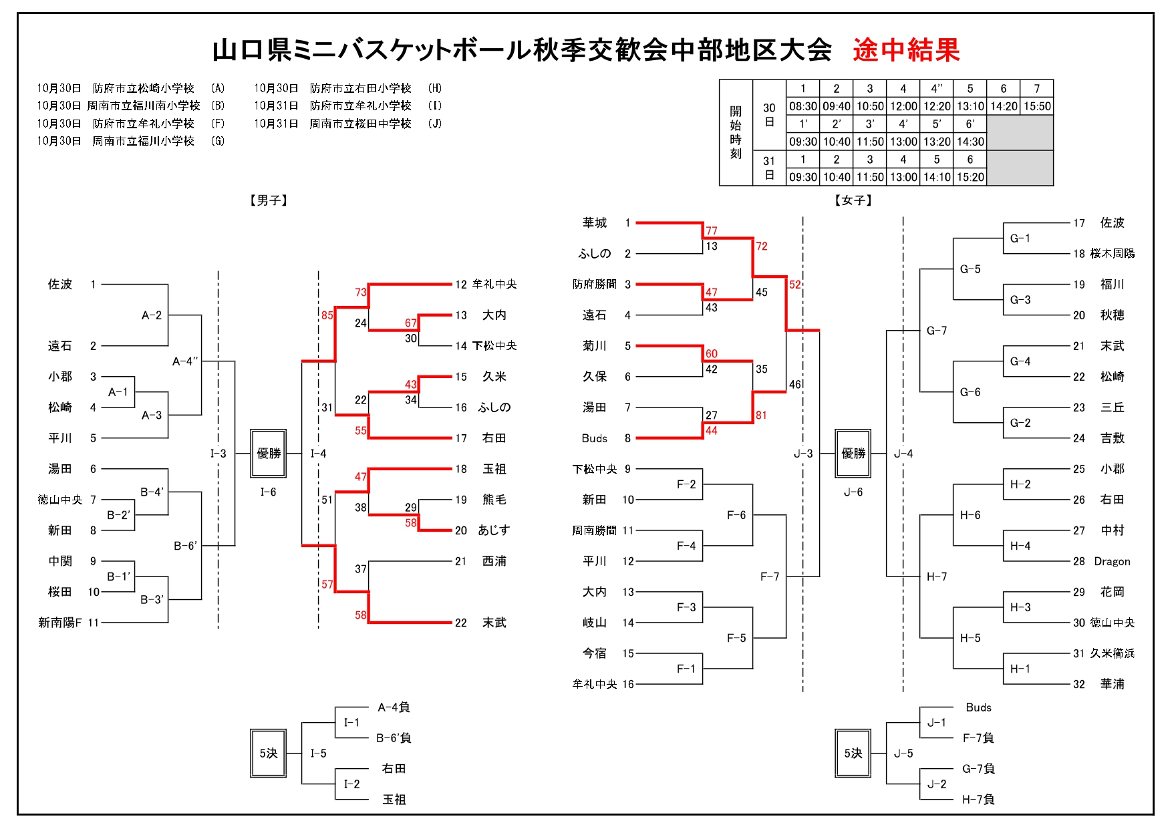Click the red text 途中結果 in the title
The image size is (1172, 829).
click(906, 51)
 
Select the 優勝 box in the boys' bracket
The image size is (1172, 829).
click(269, 454)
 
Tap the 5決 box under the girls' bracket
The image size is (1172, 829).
click(853, 754)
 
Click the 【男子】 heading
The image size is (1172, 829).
click(269, 200)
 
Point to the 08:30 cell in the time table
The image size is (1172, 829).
click(802, 106)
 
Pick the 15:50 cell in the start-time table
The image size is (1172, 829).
click(1037, 106)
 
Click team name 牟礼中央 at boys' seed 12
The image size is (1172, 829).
click(494, 285)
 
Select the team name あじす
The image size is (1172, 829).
click(494, 530)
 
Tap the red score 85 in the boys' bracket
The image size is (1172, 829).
click(327, 315)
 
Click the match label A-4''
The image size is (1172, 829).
click(185, 361)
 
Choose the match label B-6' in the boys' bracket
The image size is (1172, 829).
click(186, 546)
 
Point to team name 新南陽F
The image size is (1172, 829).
click(60, 623)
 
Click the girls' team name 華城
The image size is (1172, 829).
click(594, 223)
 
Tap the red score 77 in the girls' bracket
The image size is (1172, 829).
click(712, 231)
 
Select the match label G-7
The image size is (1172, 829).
click(937, 331)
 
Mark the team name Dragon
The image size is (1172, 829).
click(1112, 562)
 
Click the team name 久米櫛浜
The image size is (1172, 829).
click(1112, 653)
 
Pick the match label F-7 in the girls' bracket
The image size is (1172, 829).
click(770, 576)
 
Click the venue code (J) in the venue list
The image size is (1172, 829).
click(435, 124)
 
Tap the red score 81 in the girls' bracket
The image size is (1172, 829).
click(761, 416)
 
